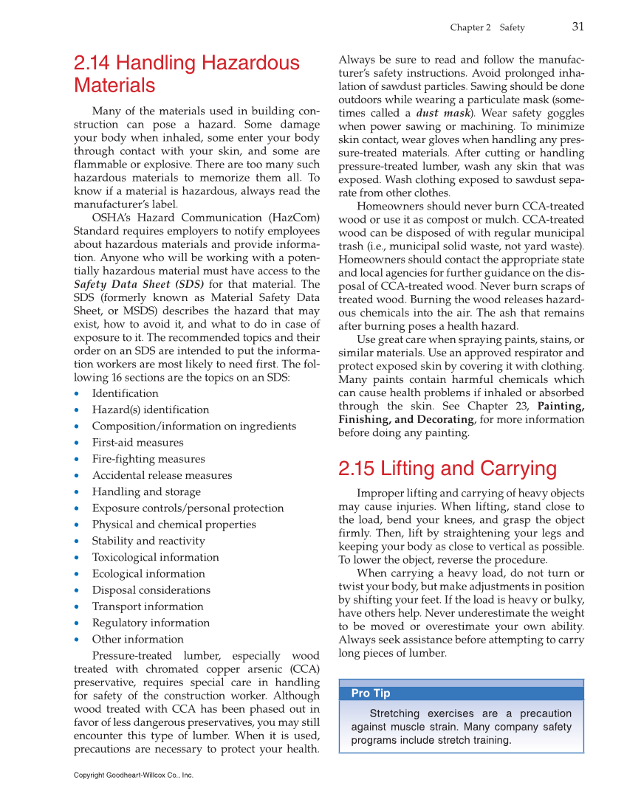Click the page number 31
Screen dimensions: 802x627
[578, 27]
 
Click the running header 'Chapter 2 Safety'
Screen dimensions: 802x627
[487, 28]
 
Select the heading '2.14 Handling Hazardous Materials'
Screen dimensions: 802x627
[186, 74]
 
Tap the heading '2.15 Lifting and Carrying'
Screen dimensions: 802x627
[447, 469]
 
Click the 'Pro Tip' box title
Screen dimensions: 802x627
[371, 693]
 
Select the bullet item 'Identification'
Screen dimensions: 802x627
[125, 393]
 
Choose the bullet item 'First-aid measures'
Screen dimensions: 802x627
[137, 443]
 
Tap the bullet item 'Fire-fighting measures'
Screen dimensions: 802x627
[148, 459]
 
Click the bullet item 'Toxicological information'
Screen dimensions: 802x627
[155, 557]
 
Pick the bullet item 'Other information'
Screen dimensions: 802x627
[137, 639]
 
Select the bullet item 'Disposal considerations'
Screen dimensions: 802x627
[151, 590]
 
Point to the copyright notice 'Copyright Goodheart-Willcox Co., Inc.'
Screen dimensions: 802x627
[134, 775]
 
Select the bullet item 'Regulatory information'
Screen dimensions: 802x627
[151, 623]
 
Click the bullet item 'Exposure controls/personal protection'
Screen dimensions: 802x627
[188, 508]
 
